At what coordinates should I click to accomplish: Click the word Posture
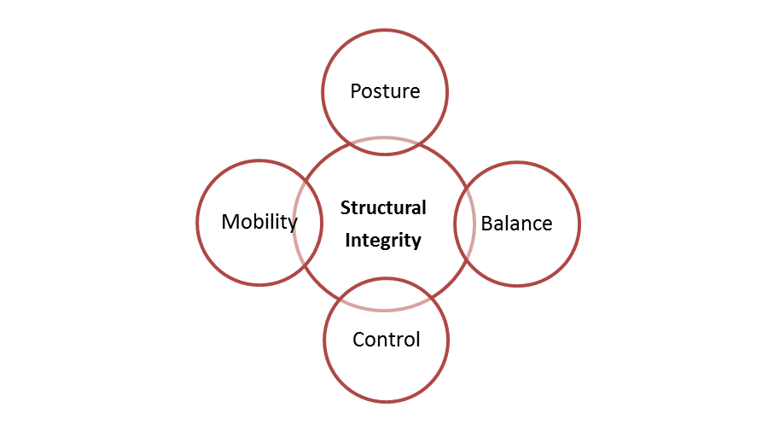pyautogui.click(x=385, y=91)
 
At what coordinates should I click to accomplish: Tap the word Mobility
pyautogui.click(x=259, y=222)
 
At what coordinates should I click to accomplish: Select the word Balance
pyautogui.click(x=516, y=224)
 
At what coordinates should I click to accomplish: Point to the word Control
pyautogui.click(x=386, y=340)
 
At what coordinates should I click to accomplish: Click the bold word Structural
pyautogui.click(x=383, y=207)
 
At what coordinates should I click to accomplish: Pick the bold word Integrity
pyautogui.click(x=382, y=240)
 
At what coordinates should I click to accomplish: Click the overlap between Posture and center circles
pyautogui.click(x=385, y=146)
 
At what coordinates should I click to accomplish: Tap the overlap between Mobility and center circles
pyautogui.click(x=309, y=224)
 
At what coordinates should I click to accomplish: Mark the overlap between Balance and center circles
pyautogui.click(x=464, y=224)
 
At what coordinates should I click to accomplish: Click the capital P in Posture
pyautogui.click(x=356, y=91)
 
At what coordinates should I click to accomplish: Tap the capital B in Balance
pyautogui.click(x=487, y=224)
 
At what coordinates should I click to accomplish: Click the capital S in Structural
pyautogui.click(x=345, y=207)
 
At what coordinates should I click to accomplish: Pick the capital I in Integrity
pyautogui.click(x=346, y=240)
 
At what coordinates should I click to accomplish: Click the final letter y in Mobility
pyautogui.click(x=293, y=224)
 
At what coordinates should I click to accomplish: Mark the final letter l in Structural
pyautogui.click(x=423, y=207)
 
